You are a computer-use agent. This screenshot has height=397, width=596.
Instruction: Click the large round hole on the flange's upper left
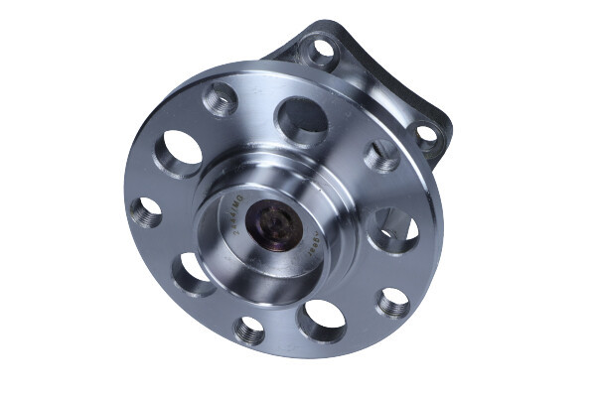coord(180,154)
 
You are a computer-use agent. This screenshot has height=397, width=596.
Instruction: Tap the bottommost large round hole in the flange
coord(322,320)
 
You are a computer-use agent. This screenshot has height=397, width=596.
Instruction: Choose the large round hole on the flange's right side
coord(392,232)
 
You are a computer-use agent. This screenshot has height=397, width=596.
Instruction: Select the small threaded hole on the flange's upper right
coord(380,157)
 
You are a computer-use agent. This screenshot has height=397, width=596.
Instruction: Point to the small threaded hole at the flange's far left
coord(146,210)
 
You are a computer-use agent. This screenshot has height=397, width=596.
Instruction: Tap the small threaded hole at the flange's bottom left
coord(249,329)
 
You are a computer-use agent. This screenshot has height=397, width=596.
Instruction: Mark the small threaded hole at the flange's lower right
coord(393,302)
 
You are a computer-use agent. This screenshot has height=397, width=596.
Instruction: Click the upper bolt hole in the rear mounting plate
coord(321,50)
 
